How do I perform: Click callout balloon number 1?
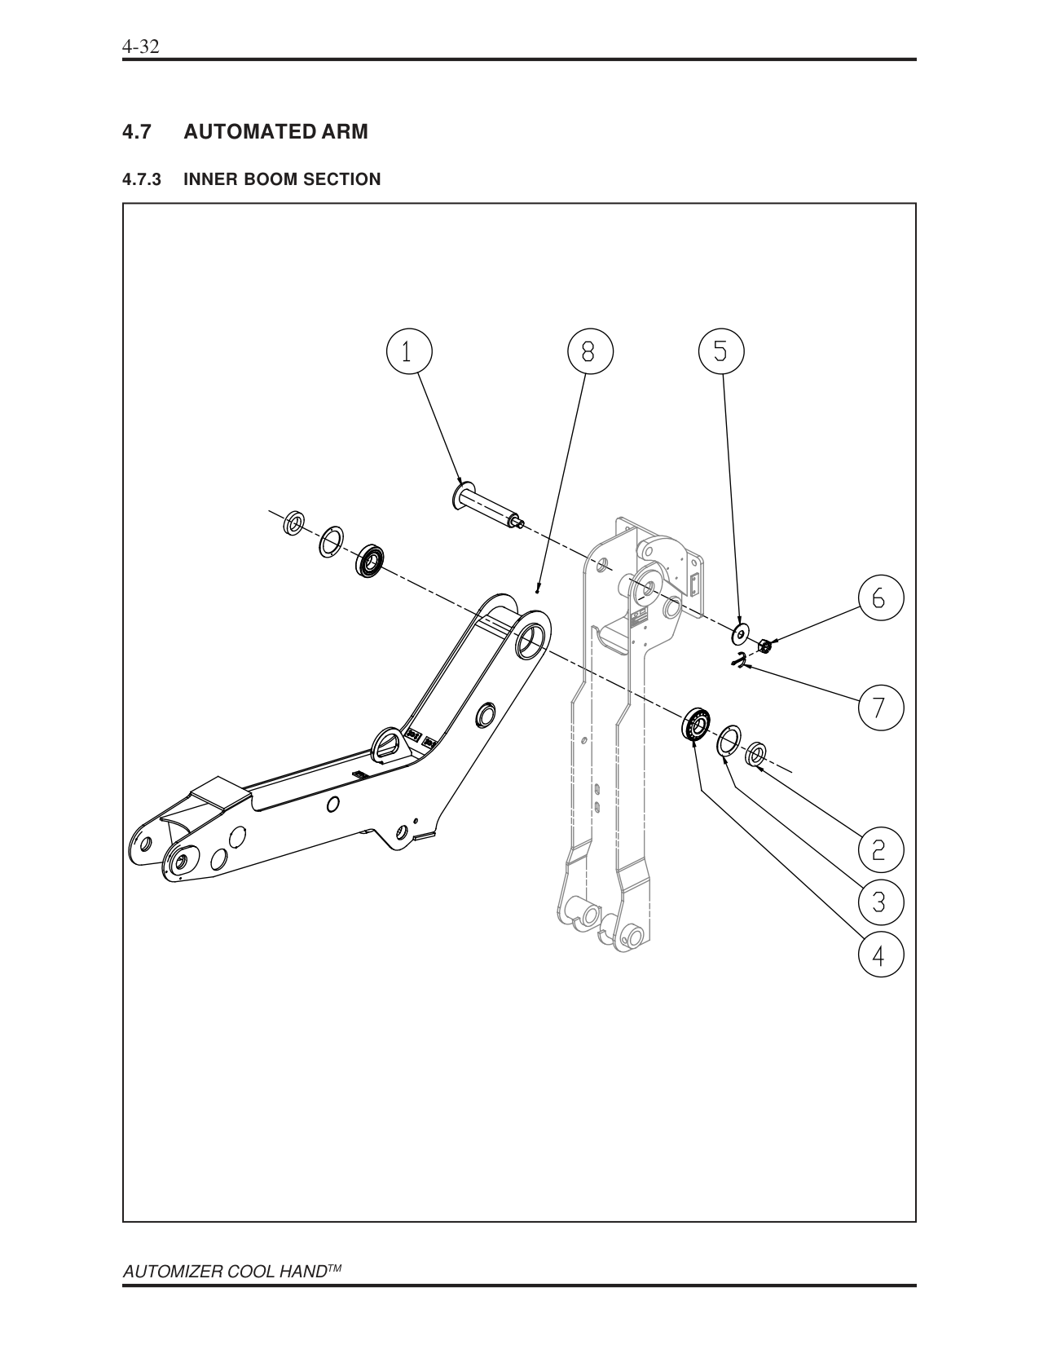(x=407, y=351)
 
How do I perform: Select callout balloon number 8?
(x=588, y=351)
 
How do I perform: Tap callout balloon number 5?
(x=721, y=351)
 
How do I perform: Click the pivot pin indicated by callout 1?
(x=487, y=506)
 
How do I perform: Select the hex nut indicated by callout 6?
(x=765, y=646)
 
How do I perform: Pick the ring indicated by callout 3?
(x=729, y=740)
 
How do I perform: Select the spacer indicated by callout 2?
(x=756, y=755)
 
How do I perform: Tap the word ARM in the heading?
(x=340, y=131)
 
